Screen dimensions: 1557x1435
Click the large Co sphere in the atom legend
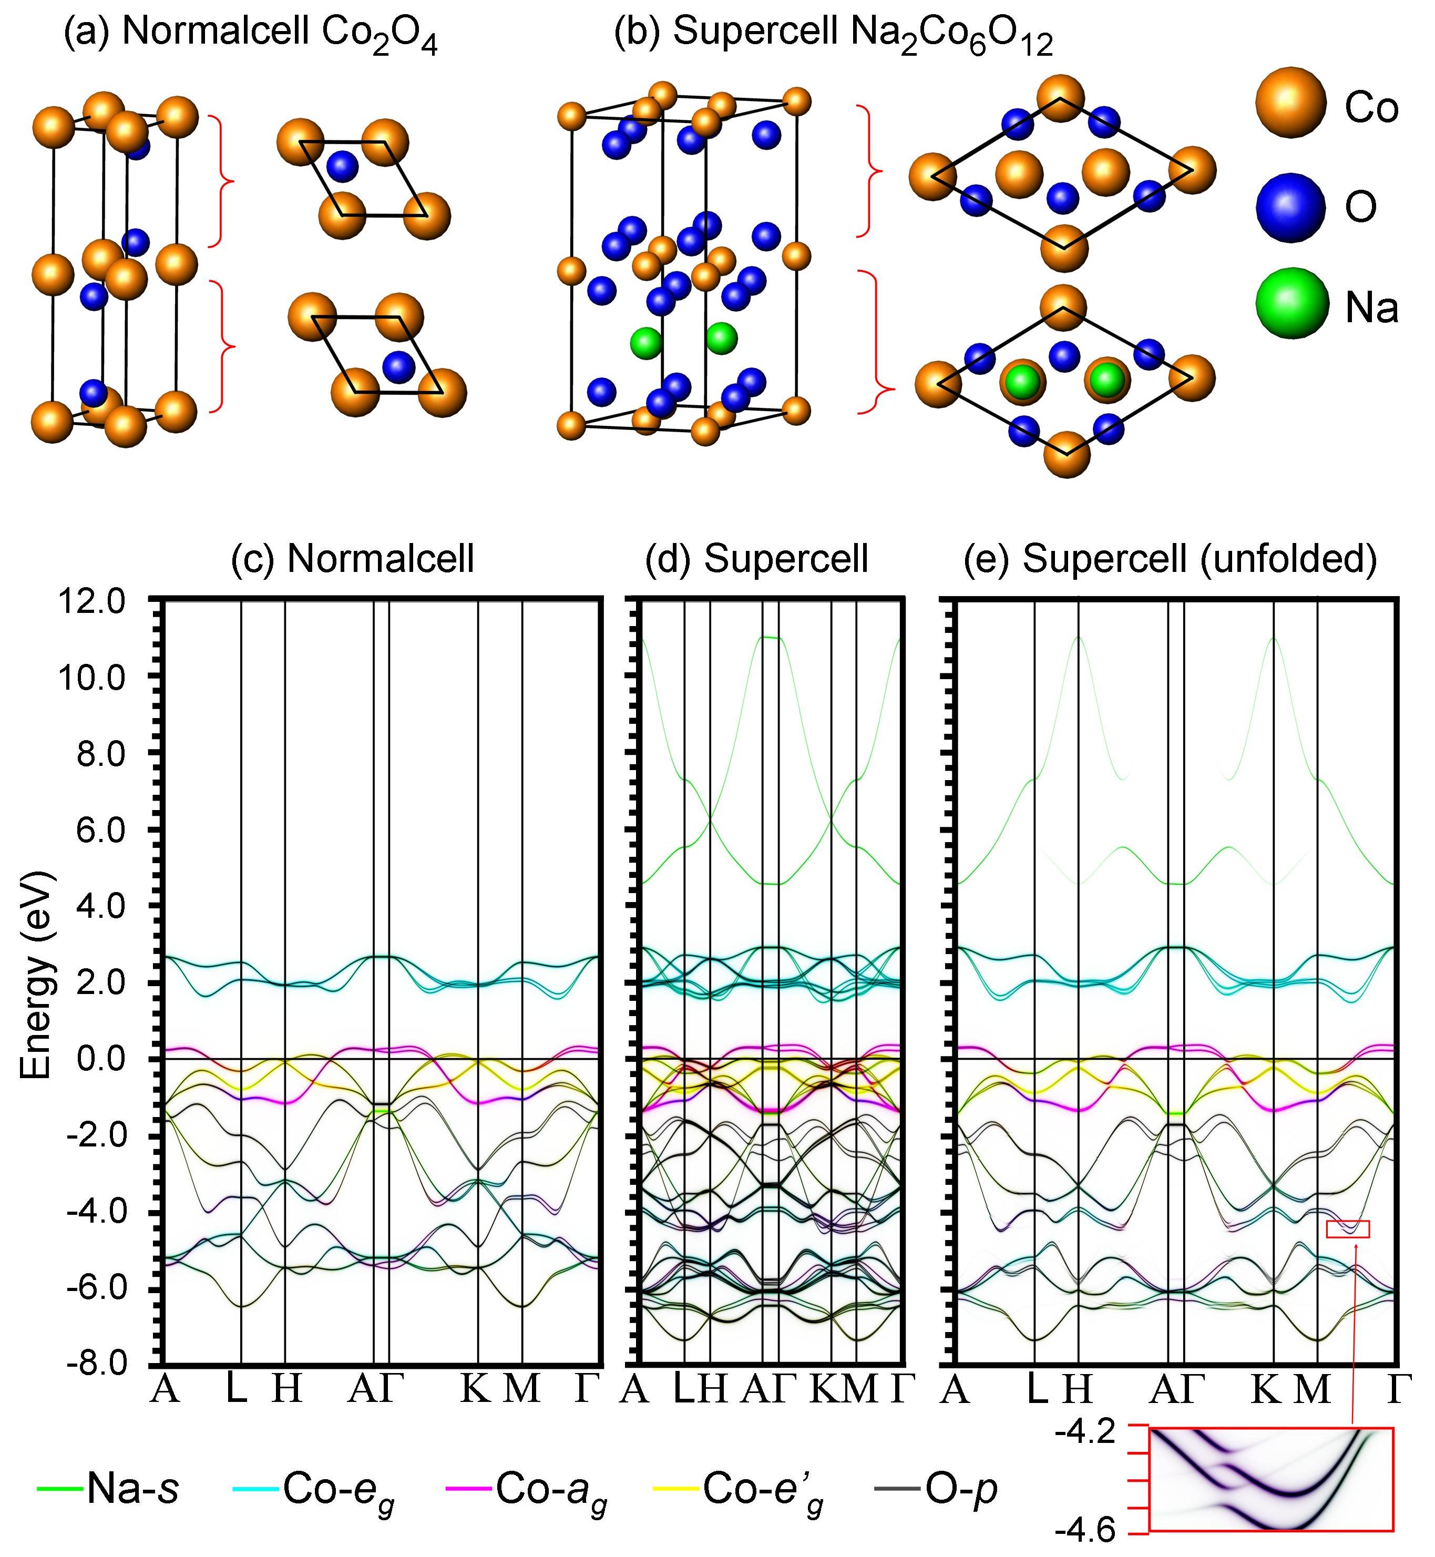coord(1290,103)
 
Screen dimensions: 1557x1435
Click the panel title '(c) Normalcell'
coord(353,558)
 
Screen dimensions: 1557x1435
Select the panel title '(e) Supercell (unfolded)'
coord(1170,558)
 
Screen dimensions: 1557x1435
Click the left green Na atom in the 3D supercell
coord(645,342)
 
